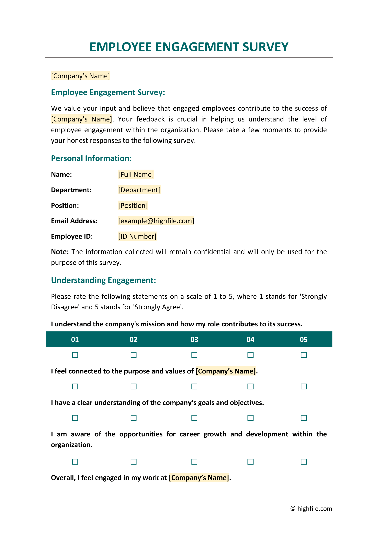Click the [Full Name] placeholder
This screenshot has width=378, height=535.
point(136,174)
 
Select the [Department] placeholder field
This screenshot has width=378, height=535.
point(139,190)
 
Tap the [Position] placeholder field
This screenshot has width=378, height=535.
point(133,205)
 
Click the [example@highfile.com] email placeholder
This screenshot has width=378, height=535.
point(156,221)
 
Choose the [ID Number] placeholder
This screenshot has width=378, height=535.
point(137,236)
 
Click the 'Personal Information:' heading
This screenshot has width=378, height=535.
point(91,158)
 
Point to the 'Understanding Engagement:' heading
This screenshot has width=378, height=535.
point(103,280)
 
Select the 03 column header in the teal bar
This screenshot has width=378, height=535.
point(194,340)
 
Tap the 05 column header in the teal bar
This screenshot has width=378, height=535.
point(303,340)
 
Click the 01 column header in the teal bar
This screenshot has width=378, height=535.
point(75,340)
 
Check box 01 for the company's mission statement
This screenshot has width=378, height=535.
point(75,355)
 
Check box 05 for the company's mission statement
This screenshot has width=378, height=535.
point(304,355)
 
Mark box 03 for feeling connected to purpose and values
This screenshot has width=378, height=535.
point(194,386)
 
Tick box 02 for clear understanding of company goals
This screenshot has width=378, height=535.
point(133,418)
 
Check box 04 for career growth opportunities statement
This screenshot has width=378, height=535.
point(250,462)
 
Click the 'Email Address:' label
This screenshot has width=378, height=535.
point(74,221)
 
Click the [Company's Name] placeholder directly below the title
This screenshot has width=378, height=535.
point(80,76)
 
